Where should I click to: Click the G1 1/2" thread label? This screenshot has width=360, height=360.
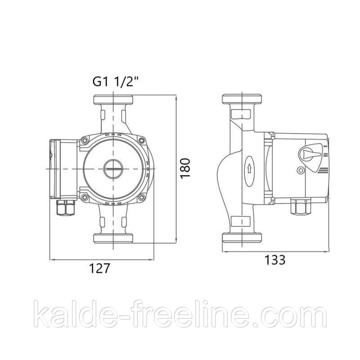click(116, 81)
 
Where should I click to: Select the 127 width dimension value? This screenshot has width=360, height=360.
click(99, 268)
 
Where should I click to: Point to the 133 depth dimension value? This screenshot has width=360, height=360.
click(275, 260)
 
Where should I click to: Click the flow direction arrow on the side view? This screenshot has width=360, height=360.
click(249, 169)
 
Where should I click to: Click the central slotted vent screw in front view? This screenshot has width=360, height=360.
click(113, 169)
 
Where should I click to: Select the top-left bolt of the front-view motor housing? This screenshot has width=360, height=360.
click(85, 140)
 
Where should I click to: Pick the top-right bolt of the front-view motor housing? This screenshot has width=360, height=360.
click(142, 140)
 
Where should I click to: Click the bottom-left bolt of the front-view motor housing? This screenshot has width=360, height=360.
click(85, 197)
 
